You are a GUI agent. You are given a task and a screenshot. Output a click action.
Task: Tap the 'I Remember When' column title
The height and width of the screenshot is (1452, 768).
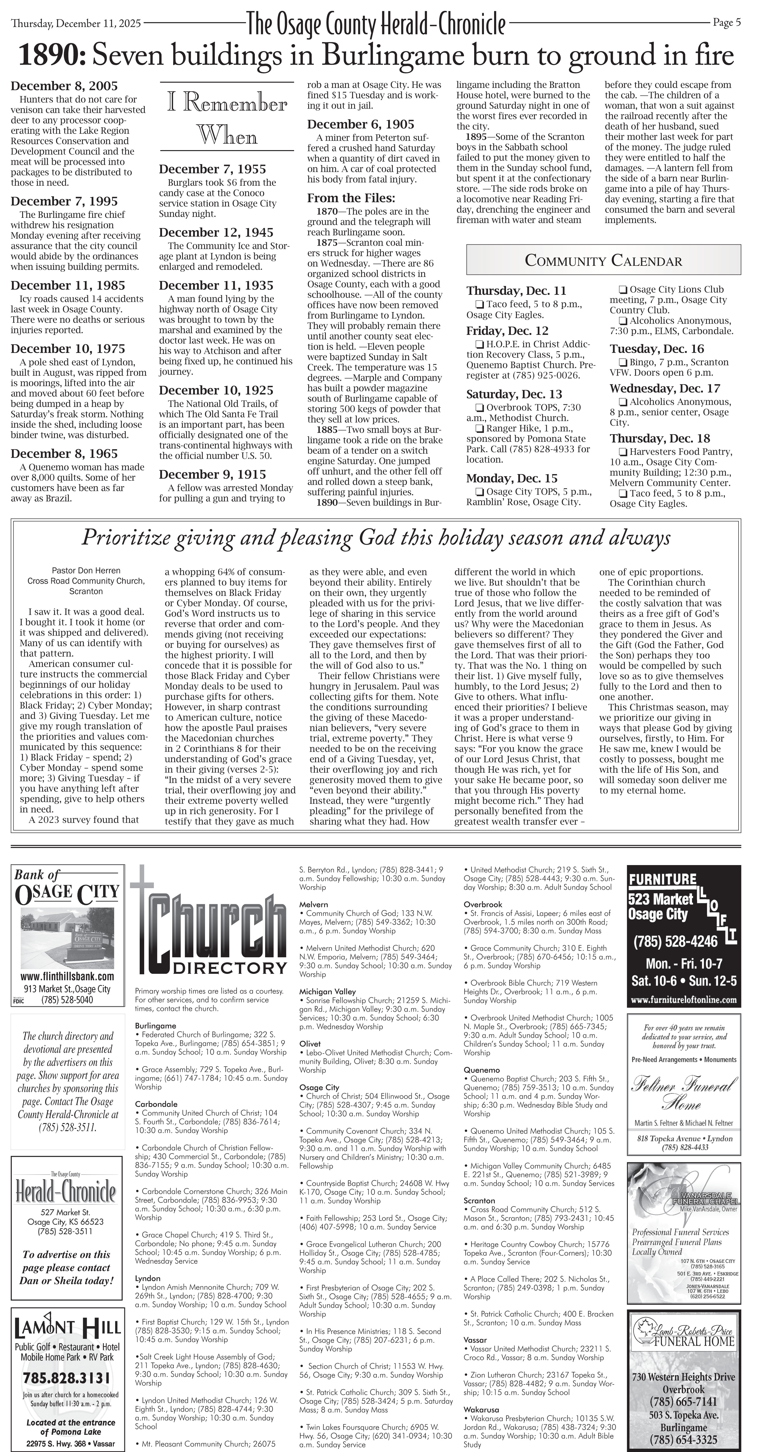point(227,120)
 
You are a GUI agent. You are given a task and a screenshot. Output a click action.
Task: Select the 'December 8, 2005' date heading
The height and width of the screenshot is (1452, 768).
point(64,86)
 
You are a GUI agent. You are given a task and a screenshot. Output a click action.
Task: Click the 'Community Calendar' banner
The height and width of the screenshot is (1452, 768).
point(603,260)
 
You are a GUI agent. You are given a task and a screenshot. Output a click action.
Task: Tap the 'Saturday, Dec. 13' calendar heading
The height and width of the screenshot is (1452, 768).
point(514,394)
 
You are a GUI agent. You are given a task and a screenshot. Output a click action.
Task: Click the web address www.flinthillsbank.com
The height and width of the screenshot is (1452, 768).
point(67,976)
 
